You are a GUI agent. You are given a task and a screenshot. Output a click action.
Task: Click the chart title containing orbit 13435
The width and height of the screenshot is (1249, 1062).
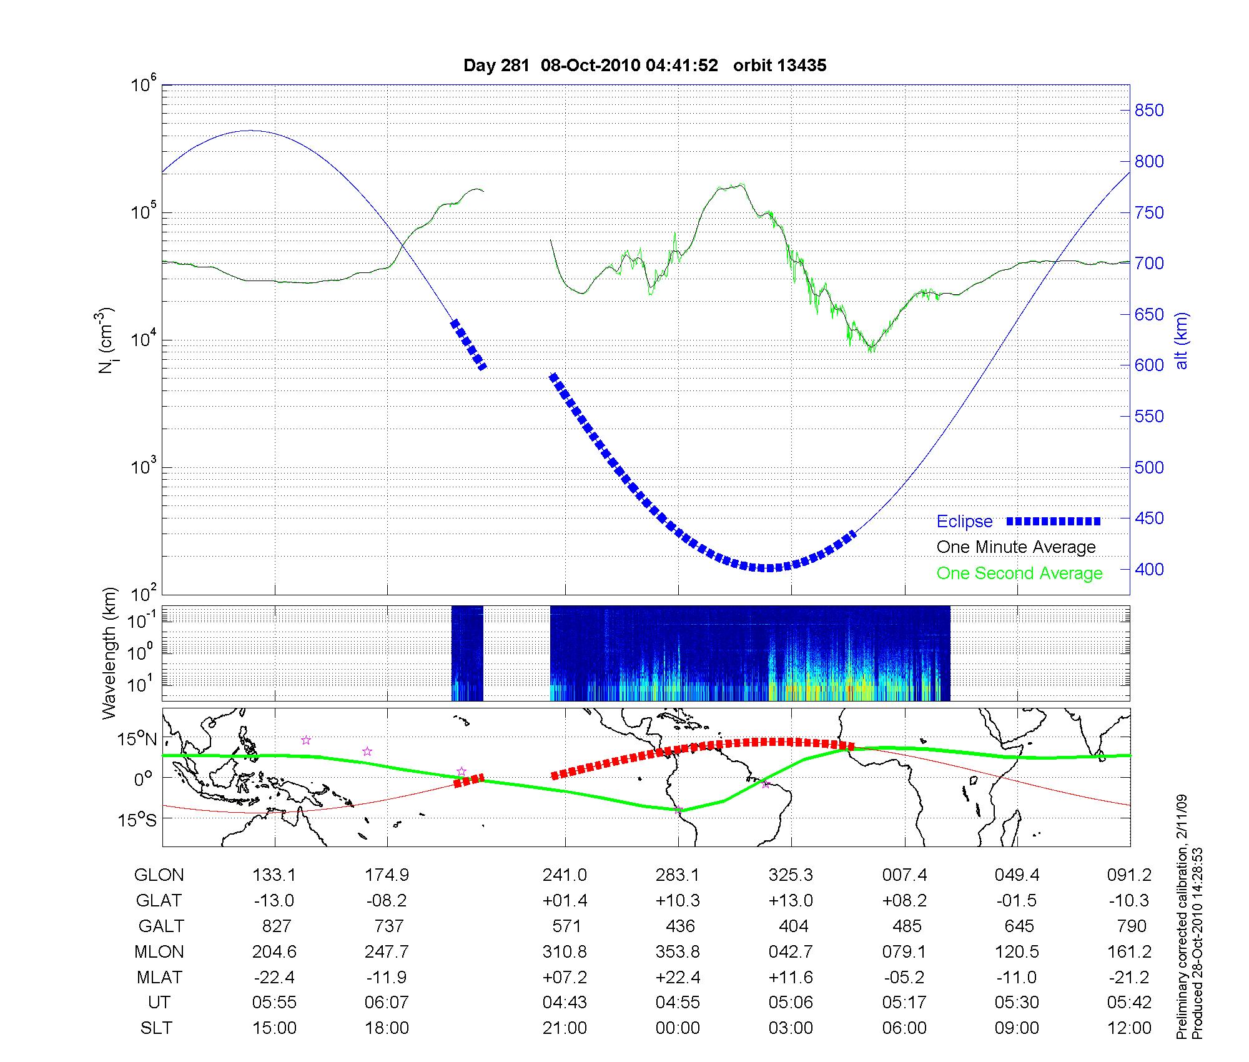(644, 66)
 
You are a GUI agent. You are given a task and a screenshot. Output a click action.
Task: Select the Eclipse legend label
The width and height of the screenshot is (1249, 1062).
(964, 522)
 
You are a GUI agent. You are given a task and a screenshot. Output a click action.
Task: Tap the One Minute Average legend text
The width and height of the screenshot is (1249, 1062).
(1016, 547)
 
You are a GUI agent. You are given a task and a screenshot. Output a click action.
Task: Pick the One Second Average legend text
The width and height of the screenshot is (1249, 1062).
(1019, 573)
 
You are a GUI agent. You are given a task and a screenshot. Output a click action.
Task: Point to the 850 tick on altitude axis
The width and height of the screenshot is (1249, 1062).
(1149, 111)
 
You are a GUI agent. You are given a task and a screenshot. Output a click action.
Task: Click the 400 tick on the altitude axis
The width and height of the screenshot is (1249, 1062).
(1149, 569)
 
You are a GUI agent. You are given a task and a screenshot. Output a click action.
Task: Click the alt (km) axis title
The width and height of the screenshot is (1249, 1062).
(1182, 341)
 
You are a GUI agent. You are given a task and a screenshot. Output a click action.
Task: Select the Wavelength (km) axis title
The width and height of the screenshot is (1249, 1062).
(110, 653)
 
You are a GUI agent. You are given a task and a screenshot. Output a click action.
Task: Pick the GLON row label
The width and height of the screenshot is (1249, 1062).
(159, 875)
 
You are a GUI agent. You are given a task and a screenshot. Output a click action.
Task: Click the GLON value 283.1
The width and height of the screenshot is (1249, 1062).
(678, 875)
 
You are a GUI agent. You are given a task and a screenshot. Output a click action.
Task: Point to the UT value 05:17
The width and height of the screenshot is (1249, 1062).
(904, 1003)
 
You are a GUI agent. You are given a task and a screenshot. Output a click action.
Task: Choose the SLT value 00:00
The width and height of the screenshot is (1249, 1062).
(678, 1028)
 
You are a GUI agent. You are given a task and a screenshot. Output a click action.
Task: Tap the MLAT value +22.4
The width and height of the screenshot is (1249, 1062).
(678, 977)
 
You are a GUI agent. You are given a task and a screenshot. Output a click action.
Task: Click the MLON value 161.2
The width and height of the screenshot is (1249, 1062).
(1129, 951)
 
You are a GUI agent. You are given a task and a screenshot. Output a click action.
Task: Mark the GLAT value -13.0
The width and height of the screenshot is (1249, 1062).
(274, 901)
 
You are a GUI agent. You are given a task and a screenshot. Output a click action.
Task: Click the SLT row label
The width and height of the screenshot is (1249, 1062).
(156, 1028)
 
